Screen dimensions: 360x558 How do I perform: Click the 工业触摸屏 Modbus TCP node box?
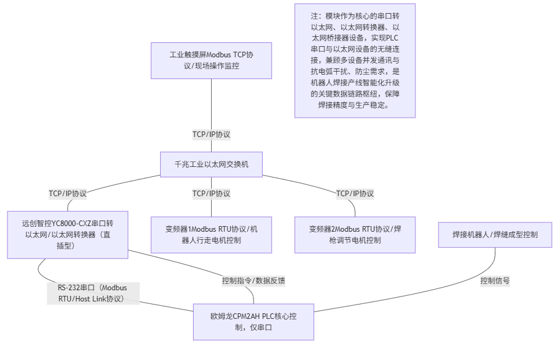click(211, 60)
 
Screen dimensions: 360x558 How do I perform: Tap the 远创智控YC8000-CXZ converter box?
click(67, 234)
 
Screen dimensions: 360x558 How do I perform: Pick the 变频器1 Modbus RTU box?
click(211, 234)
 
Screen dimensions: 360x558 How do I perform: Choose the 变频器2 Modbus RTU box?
click(354, 234)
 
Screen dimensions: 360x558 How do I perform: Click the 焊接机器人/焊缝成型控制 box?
click(495, 234)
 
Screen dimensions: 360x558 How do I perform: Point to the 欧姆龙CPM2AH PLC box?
click(253, 321)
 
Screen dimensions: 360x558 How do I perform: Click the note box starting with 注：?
click(354, 60)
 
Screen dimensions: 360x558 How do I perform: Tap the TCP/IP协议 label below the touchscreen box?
click(211, 134)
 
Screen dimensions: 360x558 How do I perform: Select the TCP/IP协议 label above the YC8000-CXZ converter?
click(68, 193)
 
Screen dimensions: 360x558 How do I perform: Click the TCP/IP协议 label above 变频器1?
click(211, 193)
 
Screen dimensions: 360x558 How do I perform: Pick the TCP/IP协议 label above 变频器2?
click(355, 193)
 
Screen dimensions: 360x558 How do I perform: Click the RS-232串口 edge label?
click(93, 293)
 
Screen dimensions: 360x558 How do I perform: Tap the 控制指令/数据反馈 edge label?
click(253, 280)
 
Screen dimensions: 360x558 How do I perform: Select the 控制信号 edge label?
click(495, 280)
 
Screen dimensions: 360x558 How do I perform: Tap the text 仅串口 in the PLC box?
click(260, 327)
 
